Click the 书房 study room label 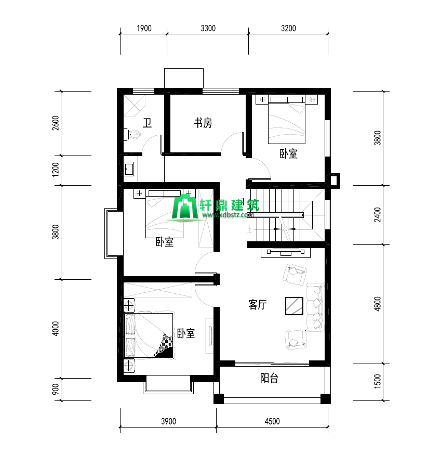tap(203, 123)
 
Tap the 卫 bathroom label tap(147, 123)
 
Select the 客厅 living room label tap(257, 304)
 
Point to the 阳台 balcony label tap(269, 378)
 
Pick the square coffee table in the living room tap(294, 306)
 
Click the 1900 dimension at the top tap(144, 28)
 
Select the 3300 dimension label tap(208, 28)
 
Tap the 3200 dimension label tap(288, 28)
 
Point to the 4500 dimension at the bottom tap(272, 421)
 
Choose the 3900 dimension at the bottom tap(168, 421)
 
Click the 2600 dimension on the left tap(56, 123)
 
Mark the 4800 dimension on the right tap(377, 304)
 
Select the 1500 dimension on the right tap(377, 381)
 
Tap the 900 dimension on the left tap(56, 389)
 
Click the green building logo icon tap(185, 206)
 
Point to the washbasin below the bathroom tap(129, 169)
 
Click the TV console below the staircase tap(286, 252)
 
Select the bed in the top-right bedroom tap(287, 120)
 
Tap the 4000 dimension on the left tap(56, 329)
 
